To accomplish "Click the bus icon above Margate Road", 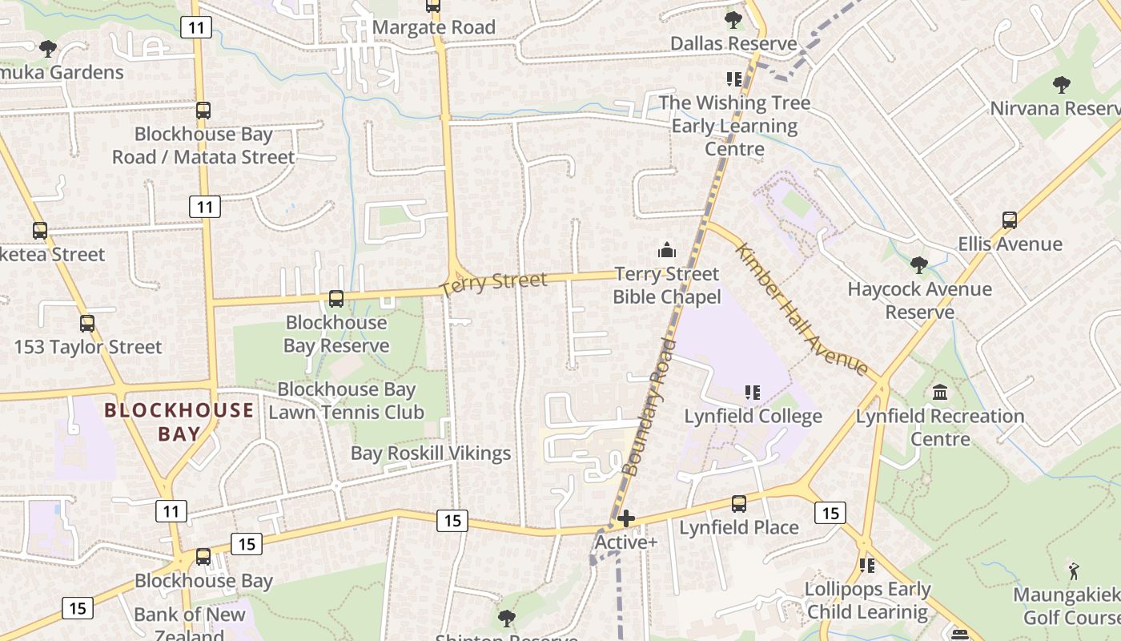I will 433,6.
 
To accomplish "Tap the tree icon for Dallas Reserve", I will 733,20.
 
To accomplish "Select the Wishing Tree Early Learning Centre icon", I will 734,79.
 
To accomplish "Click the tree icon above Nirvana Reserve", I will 1062,84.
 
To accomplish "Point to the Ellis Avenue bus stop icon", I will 1010,220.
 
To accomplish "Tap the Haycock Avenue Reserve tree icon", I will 919,265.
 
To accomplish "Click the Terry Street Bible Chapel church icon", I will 667,251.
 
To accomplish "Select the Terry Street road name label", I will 494,283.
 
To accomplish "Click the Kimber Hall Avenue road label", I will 802,309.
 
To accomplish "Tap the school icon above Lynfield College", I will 753,393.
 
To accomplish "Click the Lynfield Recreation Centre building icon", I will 940,393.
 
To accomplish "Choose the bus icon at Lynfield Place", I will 739,504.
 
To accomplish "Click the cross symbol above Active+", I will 626,519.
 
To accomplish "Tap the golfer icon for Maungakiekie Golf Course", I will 1074,571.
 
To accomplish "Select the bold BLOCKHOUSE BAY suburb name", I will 179,422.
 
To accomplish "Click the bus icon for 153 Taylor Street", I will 87,324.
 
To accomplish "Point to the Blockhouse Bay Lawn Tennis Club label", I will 346,401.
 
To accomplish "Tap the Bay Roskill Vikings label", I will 431,454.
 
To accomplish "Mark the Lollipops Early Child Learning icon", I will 867,566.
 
